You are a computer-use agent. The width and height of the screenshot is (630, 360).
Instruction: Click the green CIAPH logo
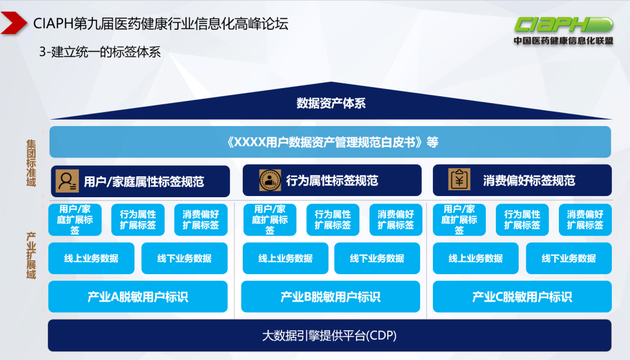563,25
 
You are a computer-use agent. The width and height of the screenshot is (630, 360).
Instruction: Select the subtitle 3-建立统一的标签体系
100,52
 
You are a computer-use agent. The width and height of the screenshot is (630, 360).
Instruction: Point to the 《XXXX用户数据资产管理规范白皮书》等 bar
330,142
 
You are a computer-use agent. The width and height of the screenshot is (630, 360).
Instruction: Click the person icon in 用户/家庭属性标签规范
66,180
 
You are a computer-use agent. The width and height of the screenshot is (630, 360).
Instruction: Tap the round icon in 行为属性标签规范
269,180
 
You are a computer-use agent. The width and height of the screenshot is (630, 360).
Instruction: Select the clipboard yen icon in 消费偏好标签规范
459,179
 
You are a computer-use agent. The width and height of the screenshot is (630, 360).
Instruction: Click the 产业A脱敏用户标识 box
138,297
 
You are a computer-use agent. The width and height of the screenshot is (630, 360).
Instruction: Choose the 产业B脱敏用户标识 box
330,297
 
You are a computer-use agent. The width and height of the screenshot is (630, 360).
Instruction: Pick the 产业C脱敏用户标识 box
522,297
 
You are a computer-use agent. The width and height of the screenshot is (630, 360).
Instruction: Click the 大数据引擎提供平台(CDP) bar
330,335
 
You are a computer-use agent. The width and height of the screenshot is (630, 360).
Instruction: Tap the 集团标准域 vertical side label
31,163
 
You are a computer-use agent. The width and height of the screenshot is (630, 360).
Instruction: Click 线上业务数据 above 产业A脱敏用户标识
91,258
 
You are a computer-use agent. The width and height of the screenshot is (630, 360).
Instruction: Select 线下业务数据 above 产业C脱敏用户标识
569,258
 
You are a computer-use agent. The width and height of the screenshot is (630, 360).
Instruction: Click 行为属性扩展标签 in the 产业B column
332,220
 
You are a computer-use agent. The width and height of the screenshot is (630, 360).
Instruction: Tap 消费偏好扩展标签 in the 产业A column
201,220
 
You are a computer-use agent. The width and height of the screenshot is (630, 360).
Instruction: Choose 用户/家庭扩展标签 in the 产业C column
459,220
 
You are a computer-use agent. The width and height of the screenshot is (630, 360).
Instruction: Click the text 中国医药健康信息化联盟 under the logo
563,41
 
